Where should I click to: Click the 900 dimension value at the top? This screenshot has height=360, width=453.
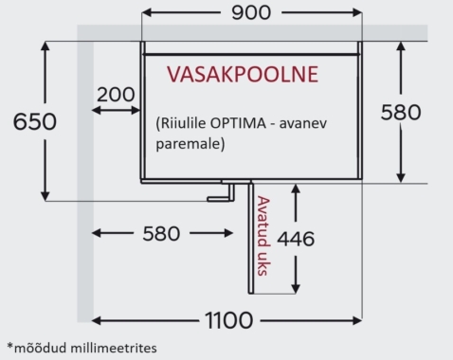pyautogui.click(x=251, y=13)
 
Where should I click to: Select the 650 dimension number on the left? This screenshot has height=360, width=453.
pyautogui.click(x=27, y=121)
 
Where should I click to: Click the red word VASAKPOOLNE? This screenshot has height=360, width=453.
pyautogui.click(x=243, y=74)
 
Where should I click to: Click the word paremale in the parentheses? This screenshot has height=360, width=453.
pyautogui.click(x=189, y=146)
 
